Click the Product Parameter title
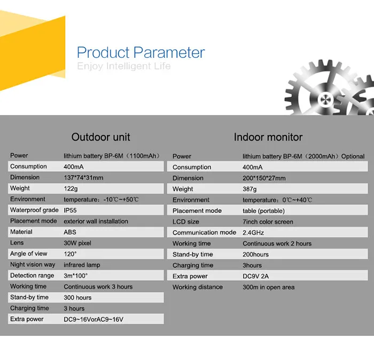141,52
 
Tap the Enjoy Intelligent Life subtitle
124,66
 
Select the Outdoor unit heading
100,137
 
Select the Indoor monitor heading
268,137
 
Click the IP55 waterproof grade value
70,210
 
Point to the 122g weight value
71,189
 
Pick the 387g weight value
250,189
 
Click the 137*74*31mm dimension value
83,178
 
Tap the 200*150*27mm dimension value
264,178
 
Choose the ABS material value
70,232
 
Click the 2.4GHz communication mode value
253,233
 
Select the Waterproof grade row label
34,210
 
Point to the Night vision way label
33,264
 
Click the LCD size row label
186,221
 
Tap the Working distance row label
198,287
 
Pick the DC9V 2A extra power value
256,276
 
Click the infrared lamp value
82,265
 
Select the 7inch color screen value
268,222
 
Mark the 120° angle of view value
70,254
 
